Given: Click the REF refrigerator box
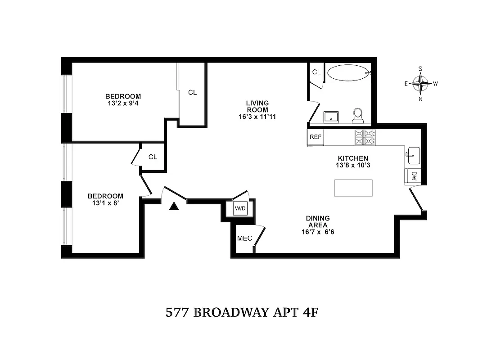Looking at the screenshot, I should coord(316,137).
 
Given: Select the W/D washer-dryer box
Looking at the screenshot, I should coord(239,208).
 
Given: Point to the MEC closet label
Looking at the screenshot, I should coord(244,238).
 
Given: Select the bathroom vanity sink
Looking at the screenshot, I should coord(332,115).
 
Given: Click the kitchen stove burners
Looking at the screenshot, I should coord(365,137).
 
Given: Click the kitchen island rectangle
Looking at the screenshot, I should coord(353,188).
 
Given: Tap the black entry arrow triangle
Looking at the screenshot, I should coord(174,206).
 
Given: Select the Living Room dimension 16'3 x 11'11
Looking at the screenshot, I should coord(257,117).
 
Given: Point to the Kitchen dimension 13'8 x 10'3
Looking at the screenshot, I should coord(353,165).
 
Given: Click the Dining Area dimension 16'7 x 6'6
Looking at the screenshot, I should coord(317,232).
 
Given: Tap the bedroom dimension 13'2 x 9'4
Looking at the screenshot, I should coord(123,103).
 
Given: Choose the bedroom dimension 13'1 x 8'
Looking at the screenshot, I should coord(105,203).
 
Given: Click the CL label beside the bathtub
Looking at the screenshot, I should coord(316,72).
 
